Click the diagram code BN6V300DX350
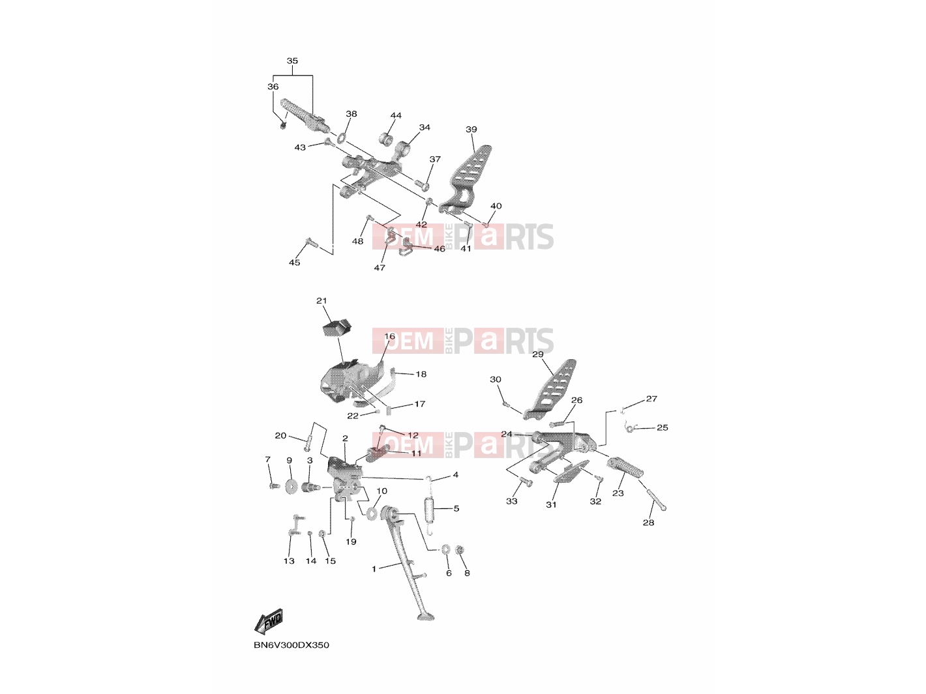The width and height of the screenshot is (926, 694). pos(291,645)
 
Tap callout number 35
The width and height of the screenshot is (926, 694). pos(292,61)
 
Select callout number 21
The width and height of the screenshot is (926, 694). pos(321,301)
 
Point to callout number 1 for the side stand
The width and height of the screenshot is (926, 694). pos(374,569)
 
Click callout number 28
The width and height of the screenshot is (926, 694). pos(648,523)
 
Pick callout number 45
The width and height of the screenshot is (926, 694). pos(295,262)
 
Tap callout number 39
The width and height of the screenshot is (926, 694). pos(471,130)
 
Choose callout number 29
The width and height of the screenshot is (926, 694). pos(538,354)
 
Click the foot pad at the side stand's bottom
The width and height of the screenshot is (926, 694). pos(426,617)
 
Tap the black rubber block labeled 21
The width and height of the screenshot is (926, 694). pos(336,329)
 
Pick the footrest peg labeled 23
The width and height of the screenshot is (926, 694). pos(625,468)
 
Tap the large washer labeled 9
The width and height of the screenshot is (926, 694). pos(291,487)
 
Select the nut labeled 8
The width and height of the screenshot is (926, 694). pos(460,550)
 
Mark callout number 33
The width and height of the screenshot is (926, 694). pos(512,501)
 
